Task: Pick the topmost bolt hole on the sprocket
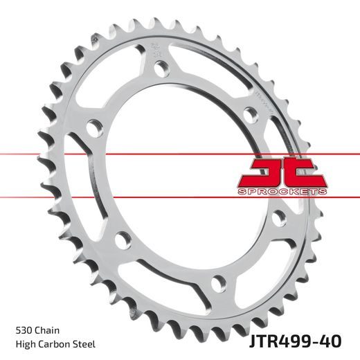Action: pyautogui.click(x=161, y=69)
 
